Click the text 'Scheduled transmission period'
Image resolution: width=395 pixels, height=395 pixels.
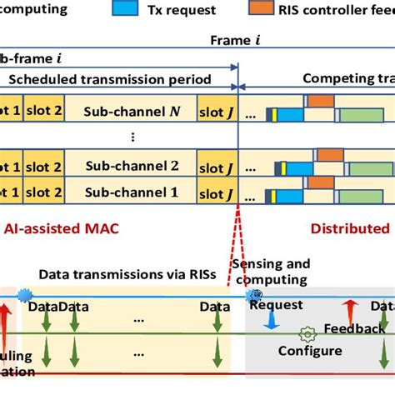coord(107,80)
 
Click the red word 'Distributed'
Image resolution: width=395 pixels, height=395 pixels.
coord(350,227)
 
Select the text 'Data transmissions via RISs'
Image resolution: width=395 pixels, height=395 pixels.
coord(114,273)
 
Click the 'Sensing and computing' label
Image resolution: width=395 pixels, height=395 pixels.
coord(270,272)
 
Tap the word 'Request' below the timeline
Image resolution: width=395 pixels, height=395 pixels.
coord(276,305)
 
